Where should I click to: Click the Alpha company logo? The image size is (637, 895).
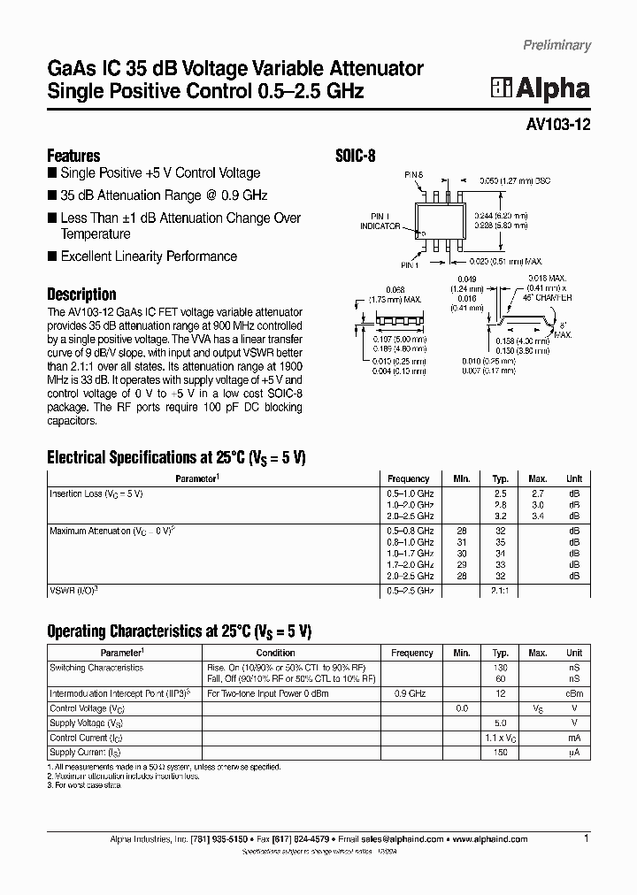pyautogui.click(x=541, y=88)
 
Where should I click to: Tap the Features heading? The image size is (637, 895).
pyautogui.click(x=73, y=156)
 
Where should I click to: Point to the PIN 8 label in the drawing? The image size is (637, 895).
pyautogui.click(x=415, y=175)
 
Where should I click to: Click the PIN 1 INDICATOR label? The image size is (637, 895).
pyautogui.click(x=380, y=221)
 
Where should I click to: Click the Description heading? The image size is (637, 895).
pyautogui.click(x=81, y=295)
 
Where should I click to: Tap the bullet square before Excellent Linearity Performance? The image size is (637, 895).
pyautogui.click(x=52, y=256)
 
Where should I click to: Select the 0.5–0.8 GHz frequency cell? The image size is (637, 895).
pyautogui.click(x=410, y=531)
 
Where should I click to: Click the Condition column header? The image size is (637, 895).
pyautogui.click(x=275, y=653)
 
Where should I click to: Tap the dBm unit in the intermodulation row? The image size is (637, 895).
pyautogui.click(x=574, y=694)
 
